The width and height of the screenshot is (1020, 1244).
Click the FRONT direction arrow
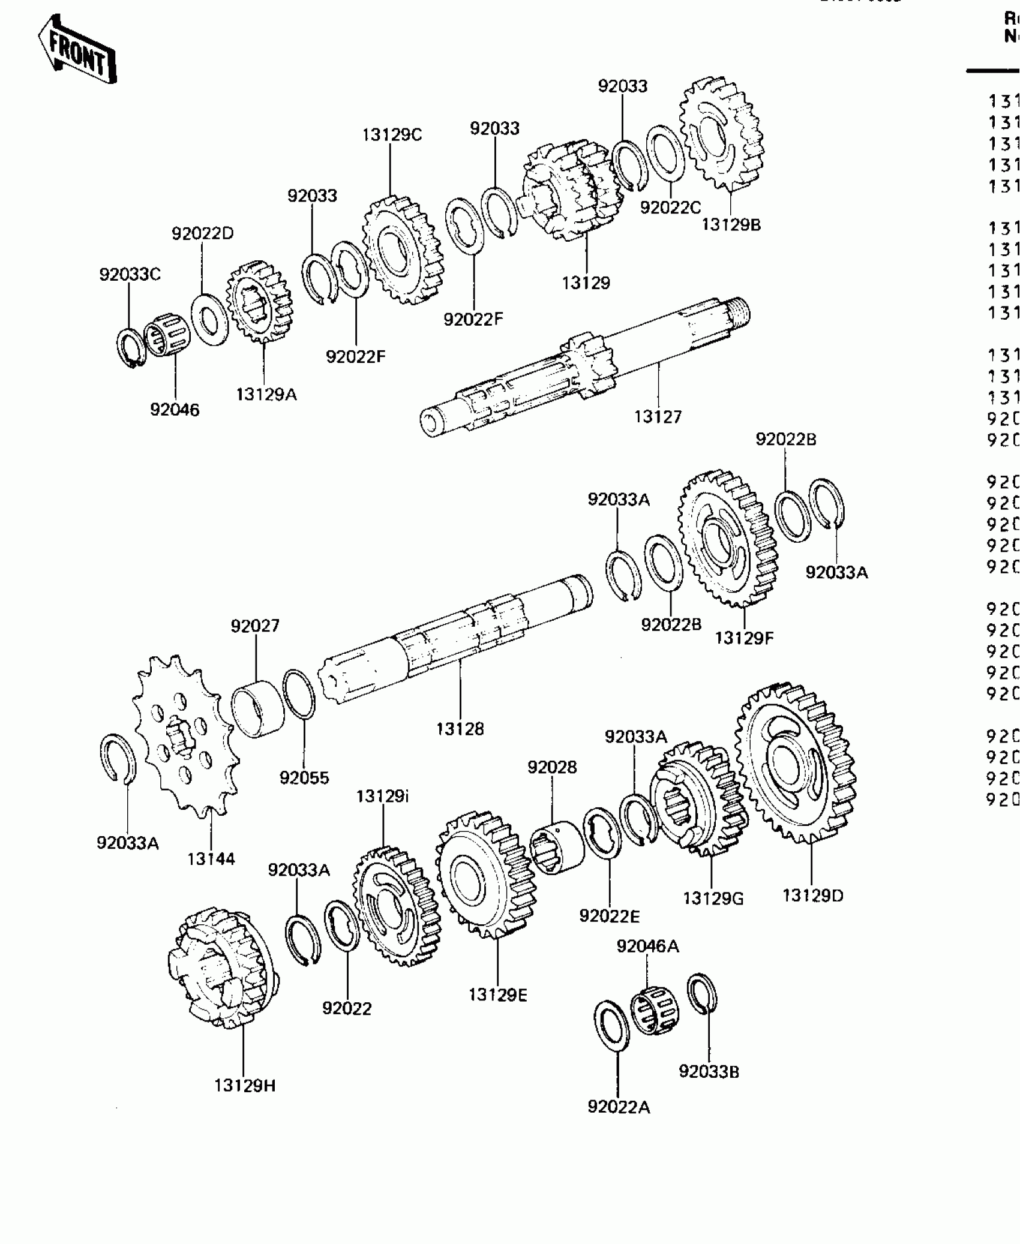coord(77,50)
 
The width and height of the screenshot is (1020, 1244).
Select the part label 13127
coord(658,416)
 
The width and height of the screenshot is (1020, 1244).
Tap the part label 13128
coord(460,729)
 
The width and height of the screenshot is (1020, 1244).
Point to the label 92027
coord(255,626)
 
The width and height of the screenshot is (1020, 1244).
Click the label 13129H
coord(245,1086)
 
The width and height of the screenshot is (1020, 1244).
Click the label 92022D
coord(202,233)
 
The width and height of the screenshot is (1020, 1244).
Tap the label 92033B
coord(709,1071)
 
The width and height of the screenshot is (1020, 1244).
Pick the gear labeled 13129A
coord(259,302)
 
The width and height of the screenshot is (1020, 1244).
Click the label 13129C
coord(392,135)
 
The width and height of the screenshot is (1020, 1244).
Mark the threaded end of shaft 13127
coord(739,311)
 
